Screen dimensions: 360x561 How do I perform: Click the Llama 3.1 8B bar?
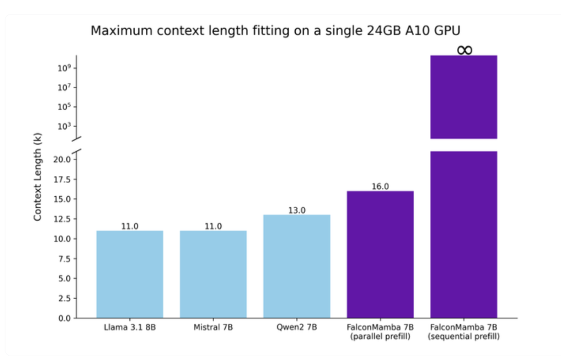point(130,274)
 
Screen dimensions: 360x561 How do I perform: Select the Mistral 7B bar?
point(213,274)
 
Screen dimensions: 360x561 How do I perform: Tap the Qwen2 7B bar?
point(297,266)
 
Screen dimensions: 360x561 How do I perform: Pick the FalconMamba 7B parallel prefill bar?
point(380,254)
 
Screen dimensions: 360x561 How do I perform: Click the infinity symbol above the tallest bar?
point(464,50)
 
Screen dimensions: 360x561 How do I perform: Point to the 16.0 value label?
point(380,186)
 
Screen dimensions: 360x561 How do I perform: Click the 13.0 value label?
point(297,210)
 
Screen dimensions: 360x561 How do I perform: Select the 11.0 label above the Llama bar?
point(130,226)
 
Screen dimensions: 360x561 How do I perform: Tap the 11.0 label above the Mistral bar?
point(213,226)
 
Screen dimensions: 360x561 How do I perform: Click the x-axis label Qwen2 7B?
point(297,328)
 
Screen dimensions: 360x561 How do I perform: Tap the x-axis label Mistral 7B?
point(213,328)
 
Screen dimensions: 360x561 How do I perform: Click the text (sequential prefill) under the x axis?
point(463,336)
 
